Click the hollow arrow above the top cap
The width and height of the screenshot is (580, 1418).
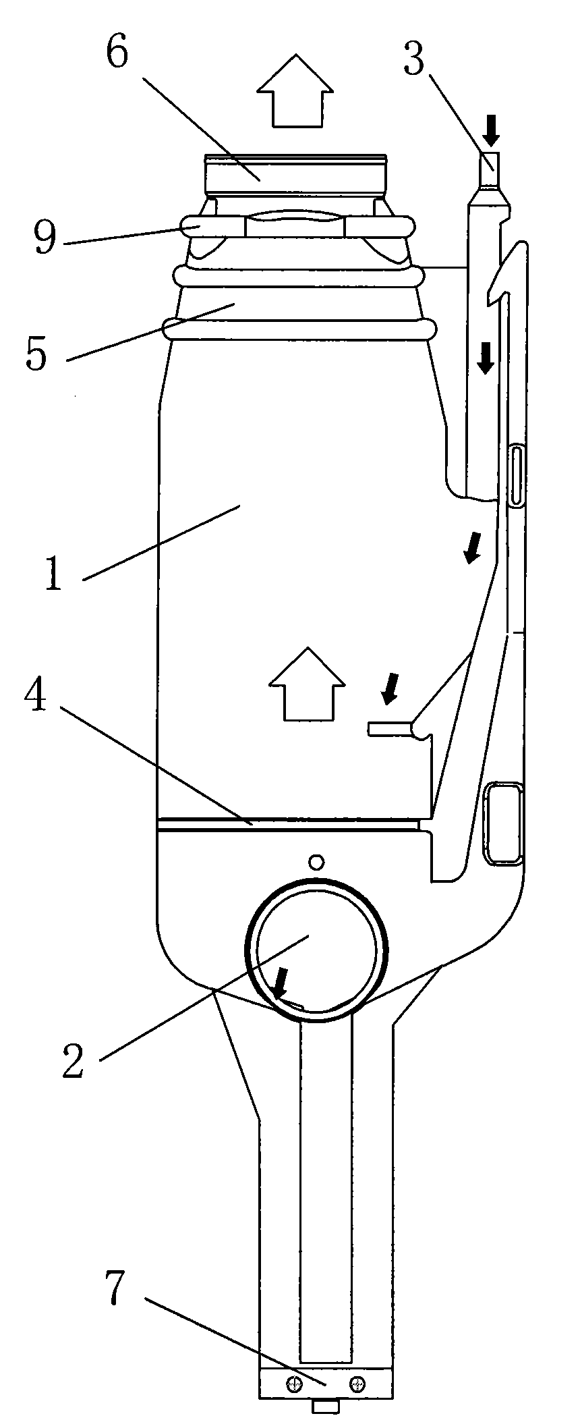(x=296, y=90)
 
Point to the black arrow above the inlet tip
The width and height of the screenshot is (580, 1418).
(x=492, y=130)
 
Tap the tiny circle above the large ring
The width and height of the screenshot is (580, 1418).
(x=316, y=861)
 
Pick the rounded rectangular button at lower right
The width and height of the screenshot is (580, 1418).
(x=503, y=823)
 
